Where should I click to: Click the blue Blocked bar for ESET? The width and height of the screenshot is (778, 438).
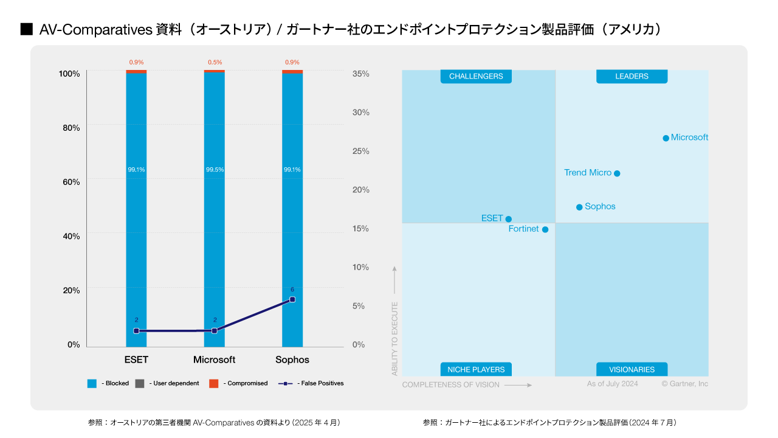[136, 243]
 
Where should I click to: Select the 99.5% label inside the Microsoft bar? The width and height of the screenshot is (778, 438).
[215, 170]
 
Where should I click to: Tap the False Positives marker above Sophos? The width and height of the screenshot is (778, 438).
[292, 299]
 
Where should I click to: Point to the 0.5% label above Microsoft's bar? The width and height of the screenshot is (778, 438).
[215, 62]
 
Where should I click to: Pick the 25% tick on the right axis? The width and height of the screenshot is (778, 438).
[361, 151]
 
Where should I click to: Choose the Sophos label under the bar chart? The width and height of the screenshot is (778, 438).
[292, 360]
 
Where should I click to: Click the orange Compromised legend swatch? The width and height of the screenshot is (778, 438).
[213, 383]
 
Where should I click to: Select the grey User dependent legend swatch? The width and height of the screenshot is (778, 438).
[139, 383]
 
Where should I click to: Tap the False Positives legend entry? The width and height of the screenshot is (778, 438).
[311, 383]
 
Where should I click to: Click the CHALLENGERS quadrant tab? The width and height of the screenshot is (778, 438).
[476, 76]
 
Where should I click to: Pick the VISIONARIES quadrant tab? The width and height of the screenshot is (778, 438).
[632, 369]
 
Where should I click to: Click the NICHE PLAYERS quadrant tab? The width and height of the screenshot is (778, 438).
[476, 369]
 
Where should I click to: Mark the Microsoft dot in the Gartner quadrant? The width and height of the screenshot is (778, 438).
[666, 138]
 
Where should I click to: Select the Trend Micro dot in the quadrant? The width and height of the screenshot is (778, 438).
[617, 173]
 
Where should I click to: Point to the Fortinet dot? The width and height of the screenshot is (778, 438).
[545, 229]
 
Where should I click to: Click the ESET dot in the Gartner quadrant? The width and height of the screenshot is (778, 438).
[509, 219]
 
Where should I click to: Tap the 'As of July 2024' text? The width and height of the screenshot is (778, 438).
[612, 384]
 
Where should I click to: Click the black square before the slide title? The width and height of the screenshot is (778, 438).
[26, 29]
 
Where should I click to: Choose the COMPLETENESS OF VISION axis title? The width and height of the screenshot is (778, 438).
[450, 384]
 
